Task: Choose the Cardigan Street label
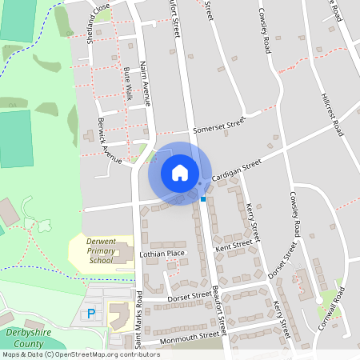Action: pyautogui.click(x=237, y=170)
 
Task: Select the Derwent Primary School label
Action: pyautogui.click(x=102, y=250)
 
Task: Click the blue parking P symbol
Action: pyautogui.click(x=90, y=313)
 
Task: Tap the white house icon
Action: pyautogui.click(x=180, y=173)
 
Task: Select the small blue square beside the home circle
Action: pyautogui.click(x=203, y=198)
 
